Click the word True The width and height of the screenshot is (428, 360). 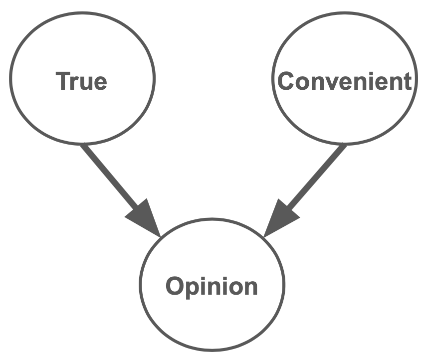tap(82, 81)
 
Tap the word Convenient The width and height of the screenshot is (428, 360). tap(345, 81)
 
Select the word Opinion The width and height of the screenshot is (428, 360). tap(212, 286)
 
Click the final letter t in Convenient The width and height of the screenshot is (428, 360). tap(408, 81)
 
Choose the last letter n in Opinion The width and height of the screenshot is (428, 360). tap(250, 288)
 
